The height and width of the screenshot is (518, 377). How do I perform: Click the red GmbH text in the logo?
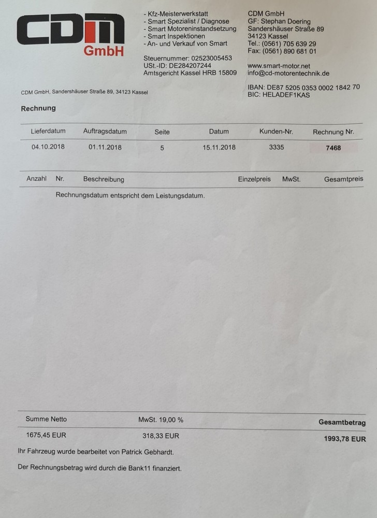tap(104, 51)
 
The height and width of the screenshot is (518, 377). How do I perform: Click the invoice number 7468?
tap(334, 148)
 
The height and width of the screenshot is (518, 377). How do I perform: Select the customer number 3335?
tap(277, 147)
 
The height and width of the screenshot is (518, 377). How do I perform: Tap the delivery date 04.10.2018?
tap(48, 147)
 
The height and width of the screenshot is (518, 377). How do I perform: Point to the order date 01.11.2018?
tap(105, 147)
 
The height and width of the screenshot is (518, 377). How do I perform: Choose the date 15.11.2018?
tap(219, 147)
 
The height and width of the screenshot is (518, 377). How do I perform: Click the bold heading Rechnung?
tap(38, 108)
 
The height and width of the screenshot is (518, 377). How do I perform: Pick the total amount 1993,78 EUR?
tap(344, 439)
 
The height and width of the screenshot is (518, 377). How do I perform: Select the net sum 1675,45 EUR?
tap(46, 435)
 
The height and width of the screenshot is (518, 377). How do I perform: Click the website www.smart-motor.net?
tap(279, 66)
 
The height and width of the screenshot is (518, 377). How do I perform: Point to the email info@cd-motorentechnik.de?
tap(288, 74)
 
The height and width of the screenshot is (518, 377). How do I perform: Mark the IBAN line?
tap(303, 87)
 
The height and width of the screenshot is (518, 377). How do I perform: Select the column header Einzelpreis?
tap(254, 179)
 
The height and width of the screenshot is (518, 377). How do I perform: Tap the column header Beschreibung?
tap(104, 179)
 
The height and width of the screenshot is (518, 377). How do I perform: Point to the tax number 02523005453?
tap(212, 58)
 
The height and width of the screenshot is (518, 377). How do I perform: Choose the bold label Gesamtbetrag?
tap(342, 423)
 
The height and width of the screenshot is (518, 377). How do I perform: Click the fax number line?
tap(282, 51)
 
